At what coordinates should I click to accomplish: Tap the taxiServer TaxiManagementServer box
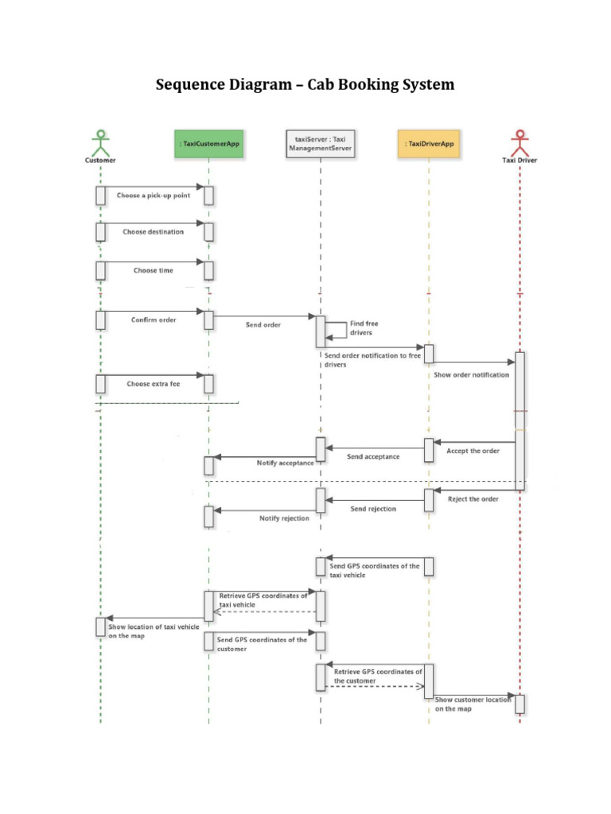[320, 143]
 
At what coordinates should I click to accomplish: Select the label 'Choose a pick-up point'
[154, 196]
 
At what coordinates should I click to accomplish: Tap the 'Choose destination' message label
[154, 232]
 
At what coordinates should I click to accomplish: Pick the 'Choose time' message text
[154, 270]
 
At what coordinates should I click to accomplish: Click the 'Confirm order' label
[154, 320]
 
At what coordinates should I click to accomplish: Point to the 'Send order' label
[262, 325]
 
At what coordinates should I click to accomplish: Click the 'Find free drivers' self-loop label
[364, 328]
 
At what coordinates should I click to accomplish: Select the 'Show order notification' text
[471, 374]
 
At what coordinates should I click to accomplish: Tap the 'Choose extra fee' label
[154, 383]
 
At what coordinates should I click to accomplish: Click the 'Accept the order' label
[473, 451]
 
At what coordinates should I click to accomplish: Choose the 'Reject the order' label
[473, 498]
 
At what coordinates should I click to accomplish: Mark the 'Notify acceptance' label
[285, 463]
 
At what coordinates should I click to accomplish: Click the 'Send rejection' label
[373, 508]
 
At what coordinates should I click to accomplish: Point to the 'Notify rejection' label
[285, 518]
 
